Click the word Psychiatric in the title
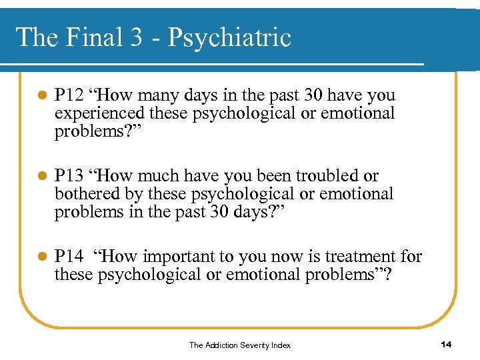coord(229,37)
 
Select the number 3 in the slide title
coord(136,37)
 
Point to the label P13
coord(69,176)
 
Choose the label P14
coord(69,256)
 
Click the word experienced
coord(97,113)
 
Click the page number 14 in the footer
coord(447,344)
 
